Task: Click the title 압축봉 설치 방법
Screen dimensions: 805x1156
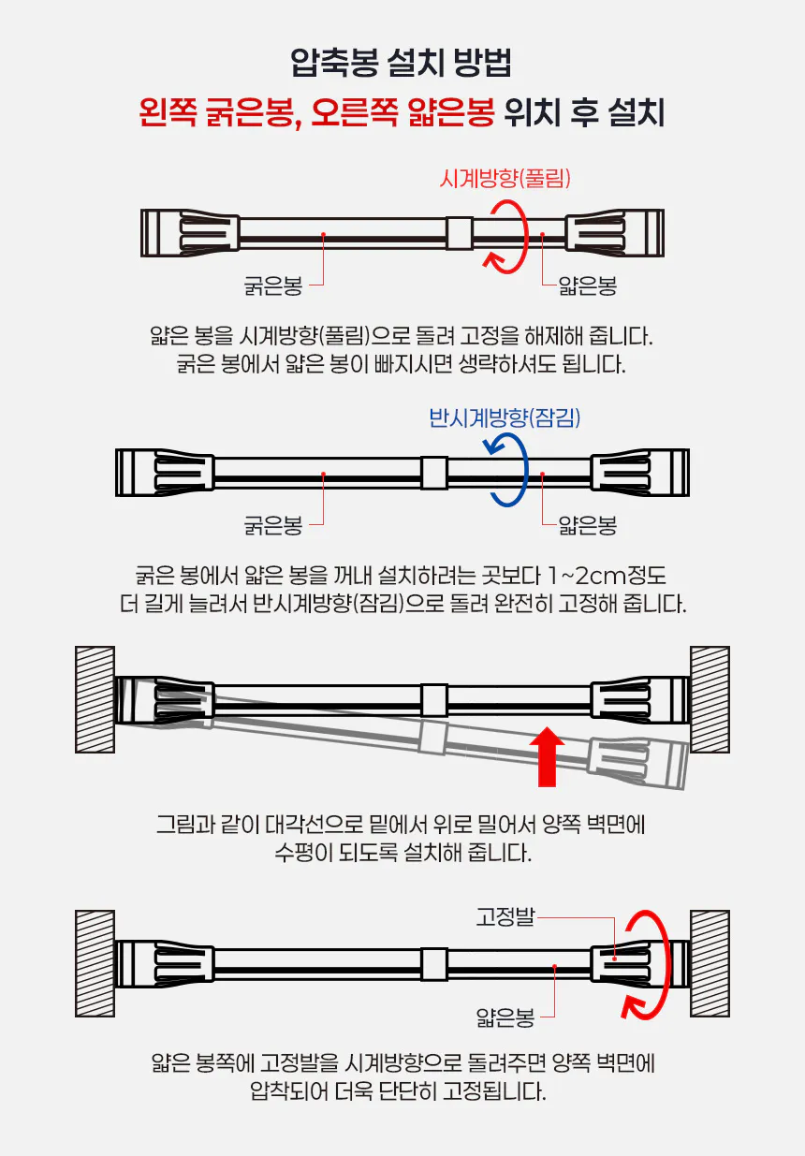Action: point(401,63)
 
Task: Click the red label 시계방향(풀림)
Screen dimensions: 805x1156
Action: point(505,179)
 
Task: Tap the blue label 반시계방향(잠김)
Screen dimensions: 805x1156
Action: point(505,417)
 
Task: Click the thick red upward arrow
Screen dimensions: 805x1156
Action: point(547,757)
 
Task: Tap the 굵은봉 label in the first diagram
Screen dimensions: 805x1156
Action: point(273,285)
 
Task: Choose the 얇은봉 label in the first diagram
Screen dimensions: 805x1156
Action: point(588,285)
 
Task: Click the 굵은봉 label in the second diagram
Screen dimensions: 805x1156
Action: point(273,525)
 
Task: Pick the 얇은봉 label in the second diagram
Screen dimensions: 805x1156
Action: point(588,525)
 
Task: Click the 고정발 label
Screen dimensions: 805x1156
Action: point(505,917)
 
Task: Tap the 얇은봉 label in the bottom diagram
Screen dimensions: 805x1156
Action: point(505,1017)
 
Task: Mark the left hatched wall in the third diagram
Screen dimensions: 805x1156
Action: point(95,699)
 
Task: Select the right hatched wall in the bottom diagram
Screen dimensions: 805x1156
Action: point(710,963)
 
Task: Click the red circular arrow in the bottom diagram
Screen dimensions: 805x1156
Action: point(665,964)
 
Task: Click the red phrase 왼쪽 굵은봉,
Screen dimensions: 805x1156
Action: point(220,112)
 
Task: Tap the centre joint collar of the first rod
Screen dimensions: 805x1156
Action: point(460,233)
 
